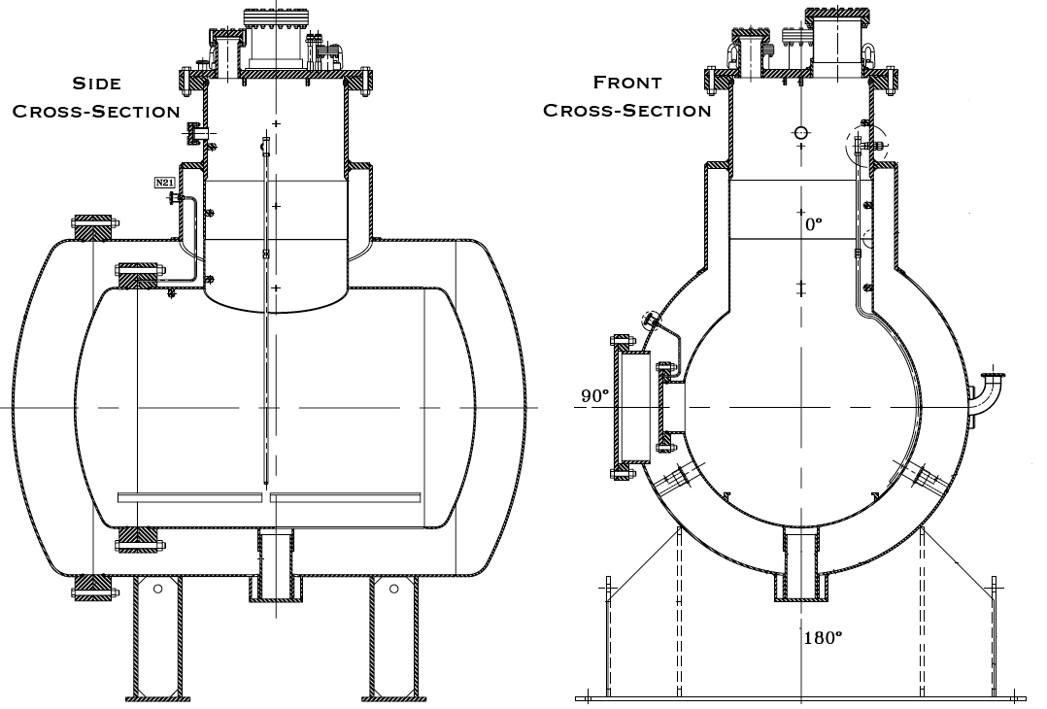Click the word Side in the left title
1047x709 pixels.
click(x=97, y=84)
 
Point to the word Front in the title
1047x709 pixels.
click(x=627, y=84)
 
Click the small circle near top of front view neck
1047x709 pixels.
click(x=800, y=133)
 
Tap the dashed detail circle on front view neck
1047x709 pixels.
click(x=865, y=144)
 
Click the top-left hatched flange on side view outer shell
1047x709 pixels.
click(x=94, y=228)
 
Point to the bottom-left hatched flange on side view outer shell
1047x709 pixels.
click(x=94, y=586)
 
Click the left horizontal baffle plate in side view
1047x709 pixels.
click(x=190, y=498)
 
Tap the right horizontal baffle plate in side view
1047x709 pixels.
click(x=346, y=498)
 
